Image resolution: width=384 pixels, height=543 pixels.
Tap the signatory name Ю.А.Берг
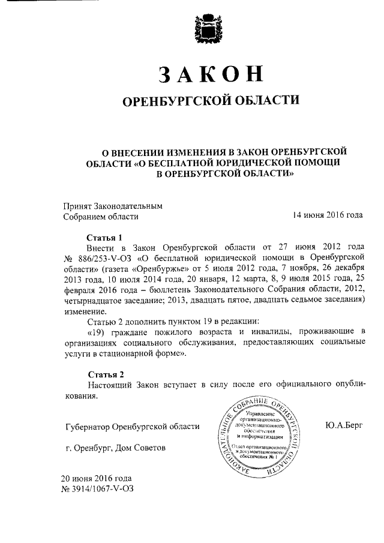pyautogui.click(x=347, y=425)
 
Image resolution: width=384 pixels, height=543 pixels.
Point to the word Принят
pyautogui.click(x=77, y=205)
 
